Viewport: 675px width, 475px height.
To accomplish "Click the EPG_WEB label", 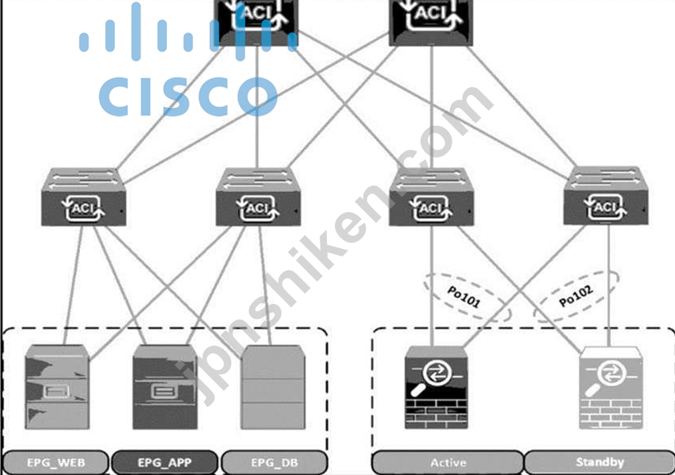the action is pyautogui.click(x=56, y=462).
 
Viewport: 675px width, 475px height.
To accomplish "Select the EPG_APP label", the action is pyautogui.click(x=165, y=462).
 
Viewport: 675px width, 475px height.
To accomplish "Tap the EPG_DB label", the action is pyautogui.click(x=274, y=462).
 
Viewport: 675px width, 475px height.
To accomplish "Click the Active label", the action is pyautogui.click(x=448, y=462).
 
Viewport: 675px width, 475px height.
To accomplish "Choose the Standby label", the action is pyautogui.click(x=600, y=462).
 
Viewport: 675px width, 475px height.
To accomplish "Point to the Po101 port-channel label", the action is pyautogui.click(x=464, y=297).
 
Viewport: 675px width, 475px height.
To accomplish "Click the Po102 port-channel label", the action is pyautogui.click(x=576, y=296).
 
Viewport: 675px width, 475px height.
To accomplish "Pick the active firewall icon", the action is pyautogui.click(x=436, y=388).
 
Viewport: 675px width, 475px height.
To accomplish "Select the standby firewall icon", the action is pyautogui.click(x=610, y=388).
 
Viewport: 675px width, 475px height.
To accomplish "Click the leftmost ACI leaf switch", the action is pyautogui.click(x=83, y=197).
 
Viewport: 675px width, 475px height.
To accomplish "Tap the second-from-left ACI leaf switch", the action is pyautogui.click(x=258, y=197).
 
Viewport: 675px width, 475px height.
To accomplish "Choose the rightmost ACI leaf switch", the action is pyautogui.click(x=606, y=196).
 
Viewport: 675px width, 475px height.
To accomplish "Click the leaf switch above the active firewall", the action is pyautogui.click(x=431, y=197).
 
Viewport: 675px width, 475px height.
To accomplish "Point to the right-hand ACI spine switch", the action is pyautogui.click(x=431, y=22).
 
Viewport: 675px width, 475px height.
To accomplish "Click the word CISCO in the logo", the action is pyautogui.click(x=188, y=96).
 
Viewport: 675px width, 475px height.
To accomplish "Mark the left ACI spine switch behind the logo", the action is pyautogui.click(x=257, y=22).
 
